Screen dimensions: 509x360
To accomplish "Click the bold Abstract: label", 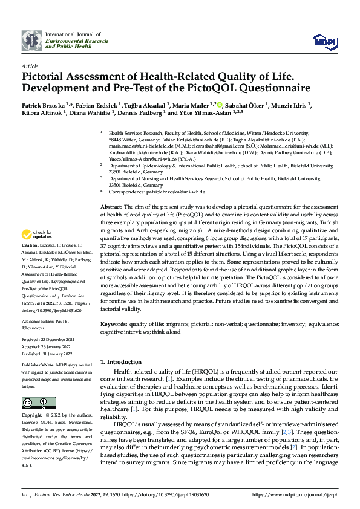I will pyautogui.click(x=112, y=207).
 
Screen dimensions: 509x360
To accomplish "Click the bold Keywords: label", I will pyautogui.click(x=114, y=325).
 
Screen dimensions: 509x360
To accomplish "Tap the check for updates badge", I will pyautogui.click(x=37, y=235).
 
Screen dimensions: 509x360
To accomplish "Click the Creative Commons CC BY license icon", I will pyautogui.click(x=34, y=403).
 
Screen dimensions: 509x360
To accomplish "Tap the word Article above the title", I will pyautogui.click(x=30, y=66).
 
